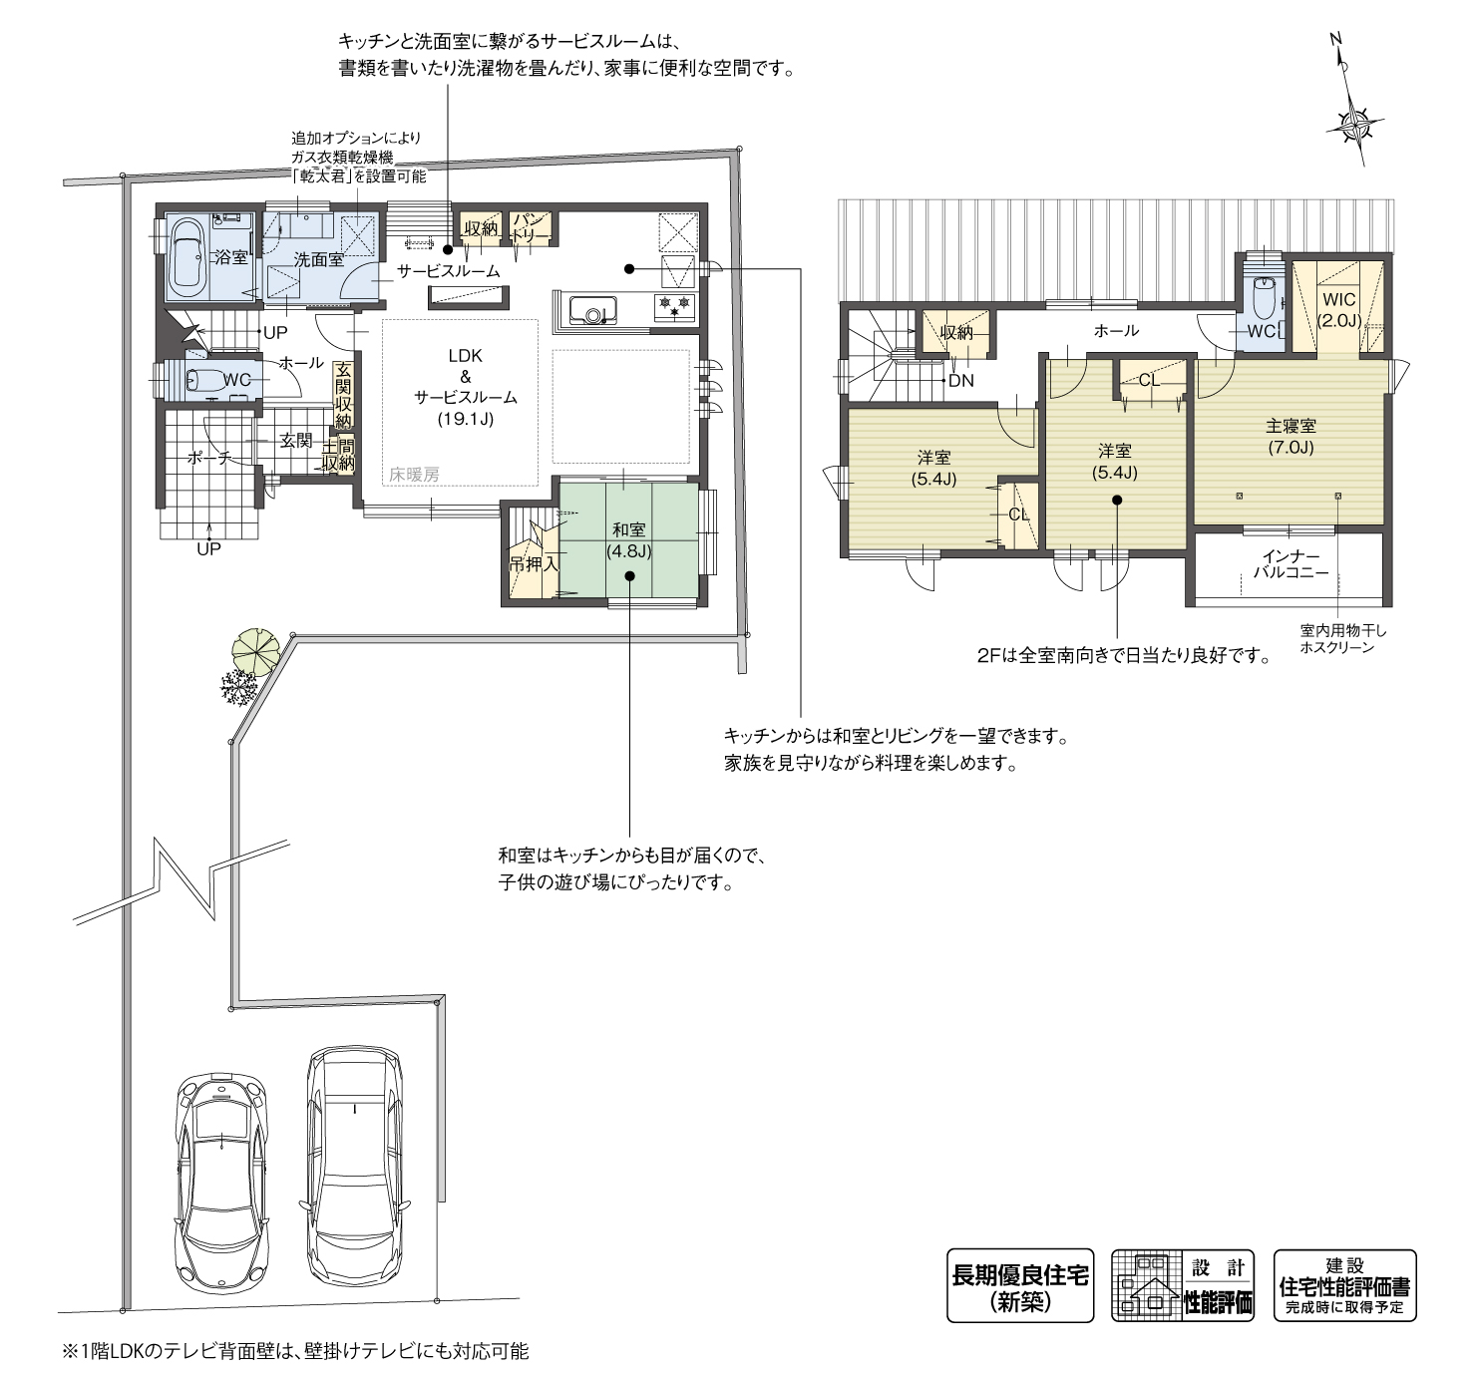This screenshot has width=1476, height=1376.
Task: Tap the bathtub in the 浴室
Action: (186, 258)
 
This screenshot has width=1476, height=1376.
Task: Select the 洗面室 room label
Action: (318, 259)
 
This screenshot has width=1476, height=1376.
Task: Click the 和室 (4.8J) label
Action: (628, 539)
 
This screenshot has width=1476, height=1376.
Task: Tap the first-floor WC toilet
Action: (206, 380)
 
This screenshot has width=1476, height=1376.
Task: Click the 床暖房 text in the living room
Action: (414, 476)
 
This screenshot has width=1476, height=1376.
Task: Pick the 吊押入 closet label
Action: (534, 563)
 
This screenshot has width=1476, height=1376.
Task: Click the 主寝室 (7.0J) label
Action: (1291, 437)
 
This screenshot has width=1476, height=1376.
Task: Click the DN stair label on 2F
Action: (960, 380)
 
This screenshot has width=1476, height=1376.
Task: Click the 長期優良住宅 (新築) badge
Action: (1019, 1285)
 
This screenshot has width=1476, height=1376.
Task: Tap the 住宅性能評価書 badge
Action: (1344, 1285)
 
